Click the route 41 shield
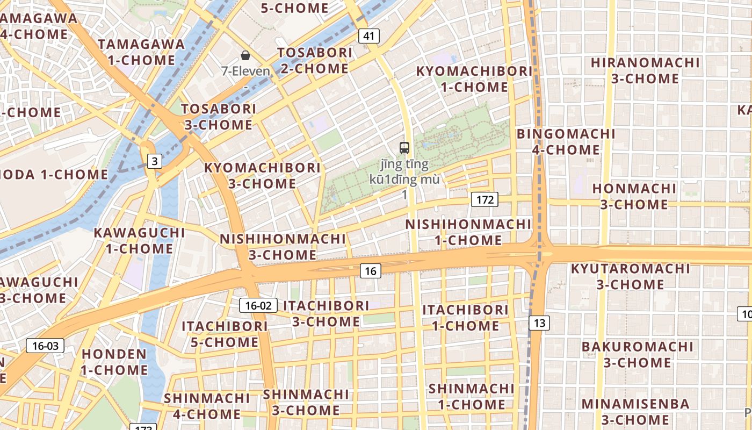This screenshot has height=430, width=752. (x=368, y=36)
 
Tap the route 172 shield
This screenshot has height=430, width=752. (x=485, y=200)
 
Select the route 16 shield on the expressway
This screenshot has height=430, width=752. (x=370, y=271)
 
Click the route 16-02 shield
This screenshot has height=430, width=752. (x=258, y=306)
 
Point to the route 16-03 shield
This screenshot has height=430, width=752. (x=45, y=346)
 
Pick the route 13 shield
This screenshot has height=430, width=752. (x=539, y=322)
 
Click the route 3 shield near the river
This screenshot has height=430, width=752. (x=154, y=161)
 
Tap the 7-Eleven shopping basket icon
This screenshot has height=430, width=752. (x=245, y=55)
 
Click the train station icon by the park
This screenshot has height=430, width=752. (x=404, y=148)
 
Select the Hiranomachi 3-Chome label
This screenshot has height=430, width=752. (x=645, y=70)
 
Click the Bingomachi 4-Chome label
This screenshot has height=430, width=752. (x=566, y=141)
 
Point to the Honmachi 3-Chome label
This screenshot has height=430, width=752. (x=634, y=196)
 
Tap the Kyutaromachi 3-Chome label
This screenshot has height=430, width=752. (x=630, y=276)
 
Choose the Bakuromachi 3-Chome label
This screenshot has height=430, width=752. (x=637, y=354)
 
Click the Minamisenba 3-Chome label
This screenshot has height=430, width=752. (x=635, y=411)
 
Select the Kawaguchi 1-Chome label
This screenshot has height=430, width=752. (x=139, y=241)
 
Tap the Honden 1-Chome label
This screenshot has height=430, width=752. (x=114, y=362)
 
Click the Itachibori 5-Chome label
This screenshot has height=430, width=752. (x=225, y=334)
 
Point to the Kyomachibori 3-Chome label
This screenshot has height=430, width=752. (x=262, y=175)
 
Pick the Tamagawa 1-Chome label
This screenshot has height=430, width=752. (x=141, y=52)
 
